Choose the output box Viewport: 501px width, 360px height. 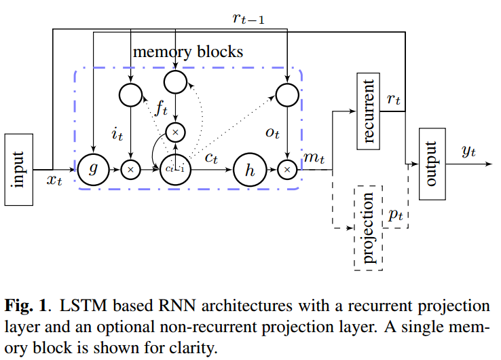[432, 162]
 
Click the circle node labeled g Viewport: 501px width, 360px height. [94, 169]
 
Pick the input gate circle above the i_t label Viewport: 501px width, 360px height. [130, 94]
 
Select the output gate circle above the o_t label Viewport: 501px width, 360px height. [288, 94]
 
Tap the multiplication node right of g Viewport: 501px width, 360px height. [130, 169]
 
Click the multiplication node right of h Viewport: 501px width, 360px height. [288, 169]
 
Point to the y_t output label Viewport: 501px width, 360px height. [468, 151]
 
